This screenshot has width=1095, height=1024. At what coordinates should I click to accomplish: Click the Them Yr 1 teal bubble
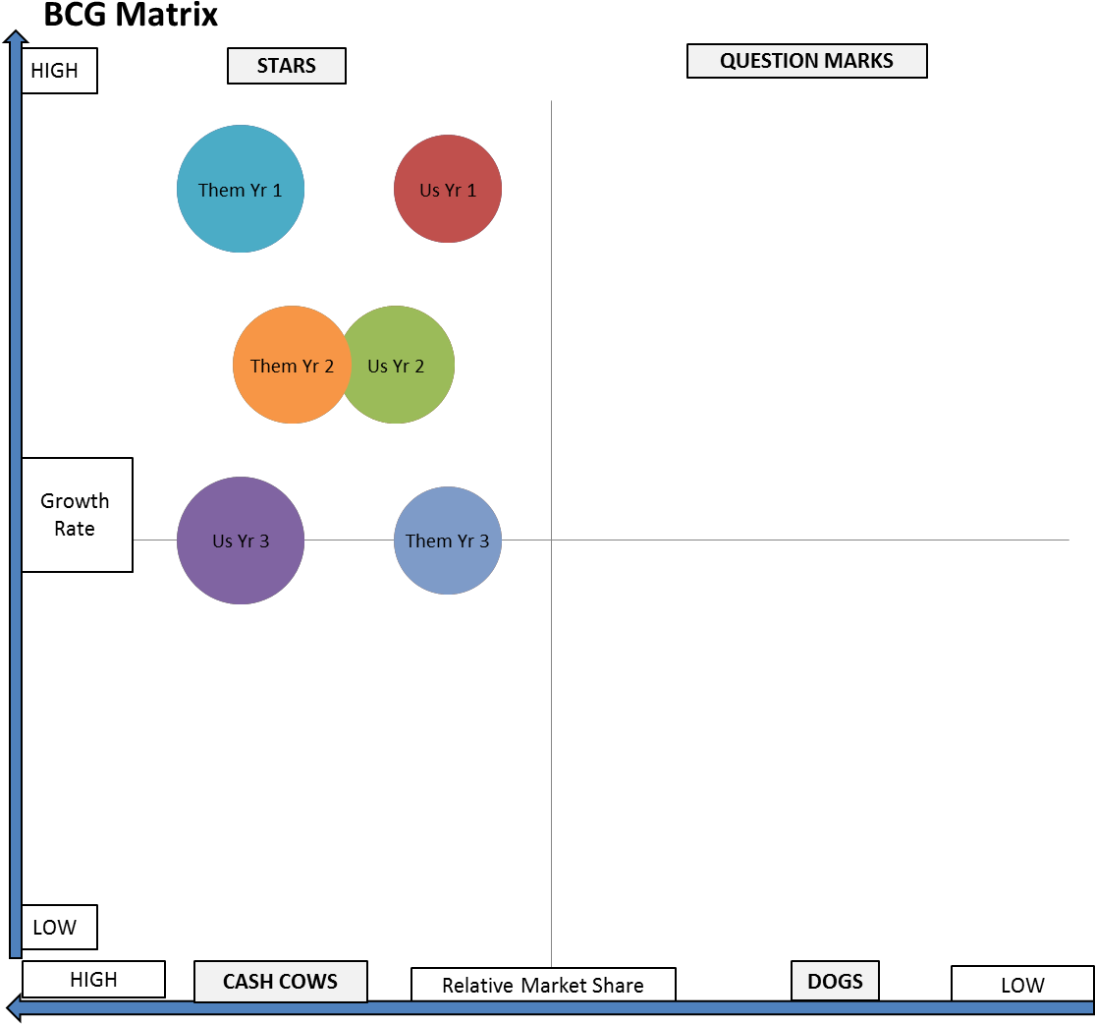(x=241, y=189)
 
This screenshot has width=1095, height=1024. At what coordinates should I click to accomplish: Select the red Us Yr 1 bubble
(x=448, y=189)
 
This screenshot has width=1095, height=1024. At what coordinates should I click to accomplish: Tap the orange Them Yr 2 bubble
(x=286, y=365)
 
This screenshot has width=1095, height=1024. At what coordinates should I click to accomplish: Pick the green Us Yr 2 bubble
(x=403, y=365)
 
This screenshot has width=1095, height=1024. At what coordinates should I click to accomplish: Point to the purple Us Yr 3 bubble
(x=241, y=540)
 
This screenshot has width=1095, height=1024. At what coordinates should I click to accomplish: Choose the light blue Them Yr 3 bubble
(x=448, y=540)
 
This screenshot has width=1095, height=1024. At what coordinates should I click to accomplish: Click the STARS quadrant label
(x=287, y=66)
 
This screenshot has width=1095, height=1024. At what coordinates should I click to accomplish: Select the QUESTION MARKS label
(x=806, y=61)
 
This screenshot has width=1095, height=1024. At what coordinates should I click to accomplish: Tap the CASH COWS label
(x=280, y=981)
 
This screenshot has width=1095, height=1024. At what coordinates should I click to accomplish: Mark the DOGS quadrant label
(x=835, y=981)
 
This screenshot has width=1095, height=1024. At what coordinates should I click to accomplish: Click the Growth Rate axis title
(x=76, y=514)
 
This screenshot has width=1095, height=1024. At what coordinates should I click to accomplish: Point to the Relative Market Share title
(x=543, y=985)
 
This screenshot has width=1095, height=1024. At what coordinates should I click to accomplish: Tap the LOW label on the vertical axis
(x=55, y=927)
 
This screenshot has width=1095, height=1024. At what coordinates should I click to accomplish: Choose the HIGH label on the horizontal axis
(x=93, y=980)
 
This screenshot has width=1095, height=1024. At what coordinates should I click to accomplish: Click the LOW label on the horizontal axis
(x=1022, y=985)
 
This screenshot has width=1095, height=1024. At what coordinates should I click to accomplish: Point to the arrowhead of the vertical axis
(x=15, y=38)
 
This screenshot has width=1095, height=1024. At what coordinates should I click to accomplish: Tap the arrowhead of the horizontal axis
(x=14, y=1006)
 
